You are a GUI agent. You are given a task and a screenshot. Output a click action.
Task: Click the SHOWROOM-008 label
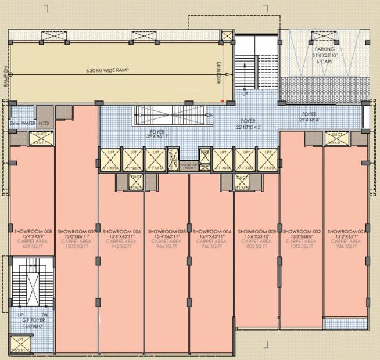(x=32, y=231)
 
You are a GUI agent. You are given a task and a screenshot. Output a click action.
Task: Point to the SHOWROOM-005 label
(x=167, y=231)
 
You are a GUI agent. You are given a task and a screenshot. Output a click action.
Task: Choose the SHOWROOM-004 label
(x=211, y=231)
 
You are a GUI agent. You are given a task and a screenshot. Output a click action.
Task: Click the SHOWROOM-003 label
(x=256, y=231)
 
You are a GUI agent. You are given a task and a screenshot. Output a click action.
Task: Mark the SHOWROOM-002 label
(x=301, y=231)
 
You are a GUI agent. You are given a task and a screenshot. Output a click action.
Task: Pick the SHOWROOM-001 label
(x=346, y=231)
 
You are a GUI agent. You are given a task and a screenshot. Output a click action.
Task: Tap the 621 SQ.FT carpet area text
(x=32, y=246)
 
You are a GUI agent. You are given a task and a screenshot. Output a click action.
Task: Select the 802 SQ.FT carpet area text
(x=256, y=246)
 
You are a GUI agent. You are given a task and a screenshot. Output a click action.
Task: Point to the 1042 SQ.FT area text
(x=301, y=246)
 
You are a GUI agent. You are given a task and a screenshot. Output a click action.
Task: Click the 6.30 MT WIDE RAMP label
(x=108, y=70)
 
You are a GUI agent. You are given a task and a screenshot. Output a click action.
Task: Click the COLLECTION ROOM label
(x=189, y=165)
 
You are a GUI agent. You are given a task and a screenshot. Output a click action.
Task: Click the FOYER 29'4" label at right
(x=309, y=117)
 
